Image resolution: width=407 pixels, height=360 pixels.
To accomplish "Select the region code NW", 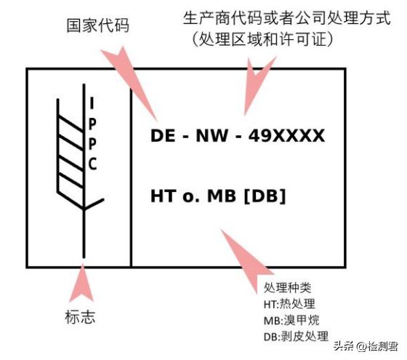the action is tap(212, 135).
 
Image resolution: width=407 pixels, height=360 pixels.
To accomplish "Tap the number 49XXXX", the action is tap(286, 135).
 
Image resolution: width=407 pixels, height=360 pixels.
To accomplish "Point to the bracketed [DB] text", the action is tap(265, 196).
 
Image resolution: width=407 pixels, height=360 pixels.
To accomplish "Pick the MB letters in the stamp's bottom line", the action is tap(222, 196).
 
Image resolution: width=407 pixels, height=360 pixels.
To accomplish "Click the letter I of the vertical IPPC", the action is tap(92, 103).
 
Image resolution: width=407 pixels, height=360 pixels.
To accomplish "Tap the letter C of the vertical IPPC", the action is tap(93, 164).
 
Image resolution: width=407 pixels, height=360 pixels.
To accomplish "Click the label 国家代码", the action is tap(97, 25).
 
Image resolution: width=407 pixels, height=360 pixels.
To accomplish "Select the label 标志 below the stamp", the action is tap(80, 317).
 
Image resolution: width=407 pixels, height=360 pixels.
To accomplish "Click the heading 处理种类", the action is tap(287, 287).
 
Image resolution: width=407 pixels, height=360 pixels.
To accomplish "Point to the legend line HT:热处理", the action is tap(289, 304).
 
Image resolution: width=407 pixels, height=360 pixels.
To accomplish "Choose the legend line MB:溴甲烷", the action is tap(291, 320).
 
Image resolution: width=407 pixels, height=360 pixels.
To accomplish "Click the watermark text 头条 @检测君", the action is tap(366, 346).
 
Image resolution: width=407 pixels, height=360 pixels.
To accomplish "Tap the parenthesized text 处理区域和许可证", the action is tap(262, 39).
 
